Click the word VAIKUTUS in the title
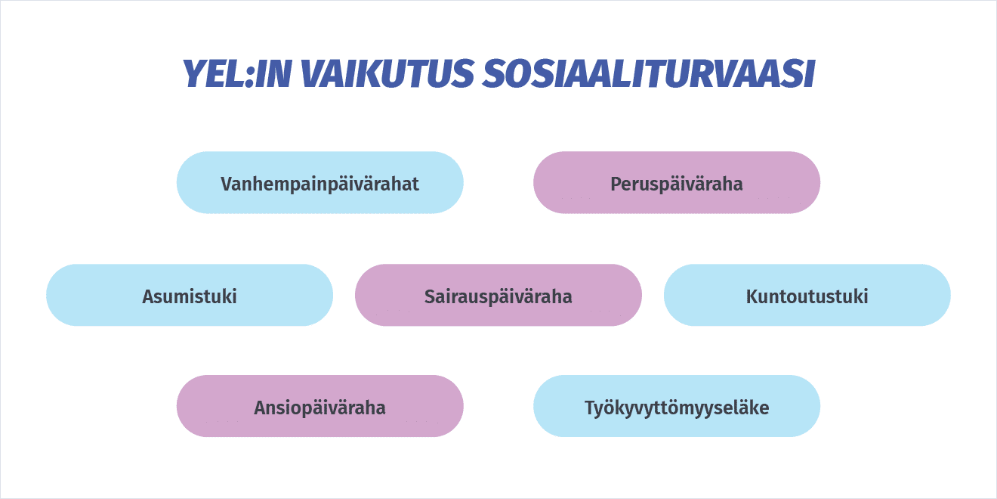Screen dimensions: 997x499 tap(387, 73)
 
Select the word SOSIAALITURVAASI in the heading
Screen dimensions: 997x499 tap(649, 73)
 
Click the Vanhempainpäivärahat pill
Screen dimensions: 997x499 tap(320, 182)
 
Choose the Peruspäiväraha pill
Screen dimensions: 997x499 tap(677, 182)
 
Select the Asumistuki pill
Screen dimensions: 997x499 tap(190, 295)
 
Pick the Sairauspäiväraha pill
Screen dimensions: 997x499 tap(498, 295)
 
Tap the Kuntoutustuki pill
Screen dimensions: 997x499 tap(807, 295)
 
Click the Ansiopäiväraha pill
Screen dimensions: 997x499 tap(320, 406)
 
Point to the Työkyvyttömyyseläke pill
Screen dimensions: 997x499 tap(677, 406)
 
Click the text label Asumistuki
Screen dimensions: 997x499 tap(190, 296)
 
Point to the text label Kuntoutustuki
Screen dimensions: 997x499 tap(807, 296)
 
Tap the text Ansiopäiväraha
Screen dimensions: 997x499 tap(320, 408)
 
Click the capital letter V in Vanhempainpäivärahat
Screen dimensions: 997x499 tap(227, 184)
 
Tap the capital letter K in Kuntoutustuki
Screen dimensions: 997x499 tap(752, 296)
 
